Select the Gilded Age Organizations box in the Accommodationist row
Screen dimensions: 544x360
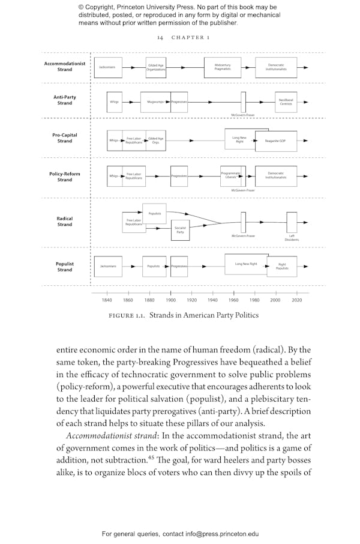point(155,67)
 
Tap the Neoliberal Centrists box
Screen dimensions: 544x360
point(286,102)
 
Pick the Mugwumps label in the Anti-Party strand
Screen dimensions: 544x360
point(155,102)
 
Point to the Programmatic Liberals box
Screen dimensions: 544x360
point(231,175)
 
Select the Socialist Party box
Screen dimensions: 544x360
point(180,229)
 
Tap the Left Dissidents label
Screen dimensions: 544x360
point(292,238)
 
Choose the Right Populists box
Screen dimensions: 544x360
point(282,266)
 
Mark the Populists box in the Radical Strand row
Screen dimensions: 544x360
point(154,213)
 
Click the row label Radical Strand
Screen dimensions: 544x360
point(65,222)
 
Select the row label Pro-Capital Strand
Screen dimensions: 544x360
point(65,138)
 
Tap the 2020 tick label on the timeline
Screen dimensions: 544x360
point(296,300)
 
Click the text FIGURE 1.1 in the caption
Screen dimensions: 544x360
point(126,316)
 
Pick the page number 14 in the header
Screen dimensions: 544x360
point(160,37)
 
